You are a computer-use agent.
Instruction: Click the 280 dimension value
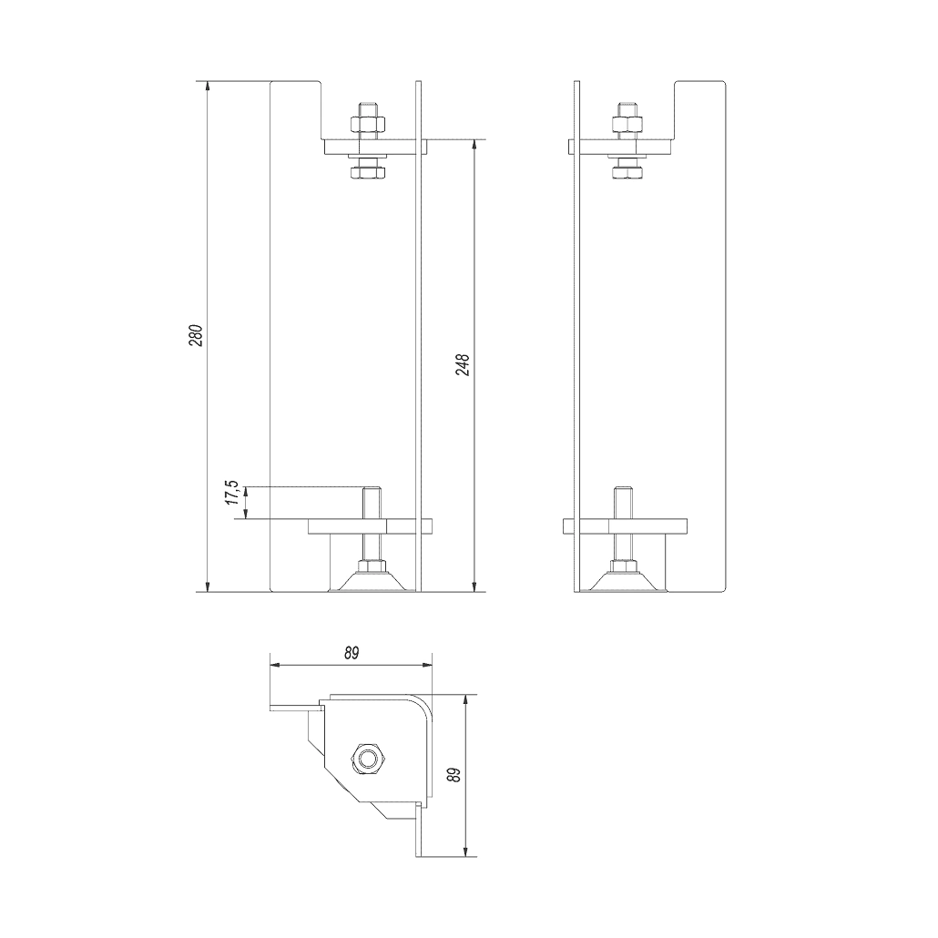[x=194, y=335]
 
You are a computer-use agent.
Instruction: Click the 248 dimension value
[x=462, y=365]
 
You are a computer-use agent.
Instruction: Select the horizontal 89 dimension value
[x=352, y=653]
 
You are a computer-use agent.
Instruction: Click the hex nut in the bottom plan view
[x=368, y=758]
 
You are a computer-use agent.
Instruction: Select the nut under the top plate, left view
[x=368, y=169]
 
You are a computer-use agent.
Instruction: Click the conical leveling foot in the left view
[x=370, y=580]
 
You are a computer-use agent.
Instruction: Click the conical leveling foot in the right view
[x=625, y=580]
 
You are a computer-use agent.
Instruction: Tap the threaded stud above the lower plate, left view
[x=371, y=504]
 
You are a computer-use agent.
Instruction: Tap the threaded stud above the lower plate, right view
[x=624, y=504]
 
